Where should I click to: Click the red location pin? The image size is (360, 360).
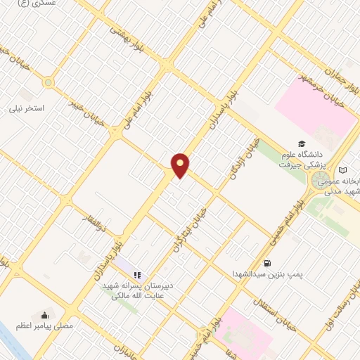coord(181,165)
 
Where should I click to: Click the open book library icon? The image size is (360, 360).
coord(343,170)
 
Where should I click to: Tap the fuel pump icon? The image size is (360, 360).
coord(267,262)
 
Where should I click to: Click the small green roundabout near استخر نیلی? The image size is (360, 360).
coord(48,82)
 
